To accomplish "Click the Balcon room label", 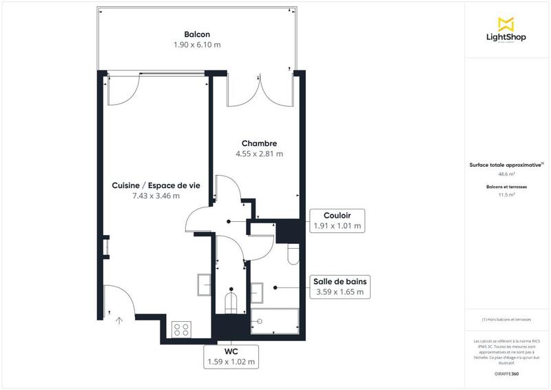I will click(197, 34).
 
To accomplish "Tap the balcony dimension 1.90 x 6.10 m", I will click(197, 45).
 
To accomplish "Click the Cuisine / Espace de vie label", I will click(156, 185).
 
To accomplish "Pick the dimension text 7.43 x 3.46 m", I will click(156, 196).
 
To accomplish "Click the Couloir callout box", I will click(337, 220).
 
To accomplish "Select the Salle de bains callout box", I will click(340, 287).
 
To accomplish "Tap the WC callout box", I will click(231, 356).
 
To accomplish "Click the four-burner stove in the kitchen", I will click(182, 329).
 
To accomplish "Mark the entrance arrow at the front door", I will click(119, 320).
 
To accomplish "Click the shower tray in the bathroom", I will click(275, 320).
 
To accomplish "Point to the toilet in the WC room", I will click(231, 302).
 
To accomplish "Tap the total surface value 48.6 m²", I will click(506, 174).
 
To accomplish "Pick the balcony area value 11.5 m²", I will click(506, 195).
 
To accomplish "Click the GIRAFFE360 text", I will click(506, 373).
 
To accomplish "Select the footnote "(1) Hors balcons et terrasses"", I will click(506, 320).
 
